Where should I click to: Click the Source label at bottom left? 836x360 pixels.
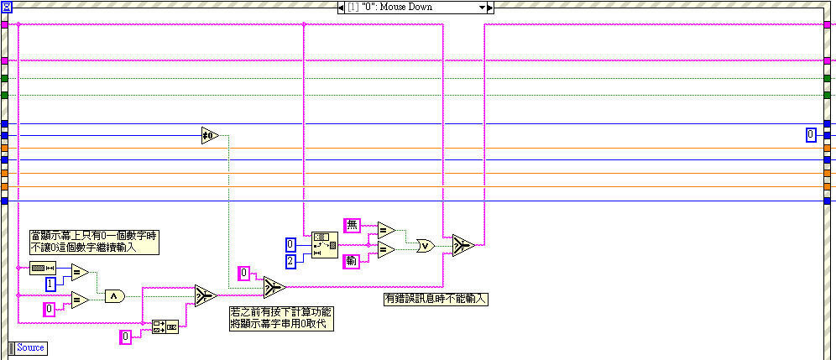30,347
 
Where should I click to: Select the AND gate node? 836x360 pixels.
114,295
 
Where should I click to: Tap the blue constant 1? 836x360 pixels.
50,284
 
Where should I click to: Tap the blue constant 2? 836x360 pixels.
289,261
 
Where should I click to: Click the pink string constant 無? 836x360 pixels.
353,225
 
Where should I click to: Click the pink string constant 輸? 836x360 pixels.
353,261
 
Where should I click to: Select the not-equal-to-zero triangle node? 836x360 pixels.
209,135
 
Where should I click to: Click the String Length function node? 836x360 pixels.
41,269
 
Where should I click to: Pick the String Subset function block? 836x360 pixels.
323,245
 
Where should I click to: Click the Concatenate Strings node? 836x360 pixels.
165,326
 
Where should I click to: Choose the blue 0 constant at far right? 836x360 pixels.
811,134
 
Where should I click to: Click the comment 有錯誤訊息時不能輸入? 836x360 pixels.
436,298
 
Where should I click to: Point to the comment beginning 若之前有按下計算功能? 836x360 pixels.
280,317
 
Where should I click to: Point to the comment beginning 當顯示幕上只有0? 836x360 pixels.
94,242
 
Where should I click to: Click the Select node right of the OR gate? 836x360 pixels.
462,245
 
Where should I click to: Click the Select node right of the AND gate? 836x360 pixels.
206,295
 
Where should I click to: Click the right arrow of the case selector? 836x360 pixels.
491,8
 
